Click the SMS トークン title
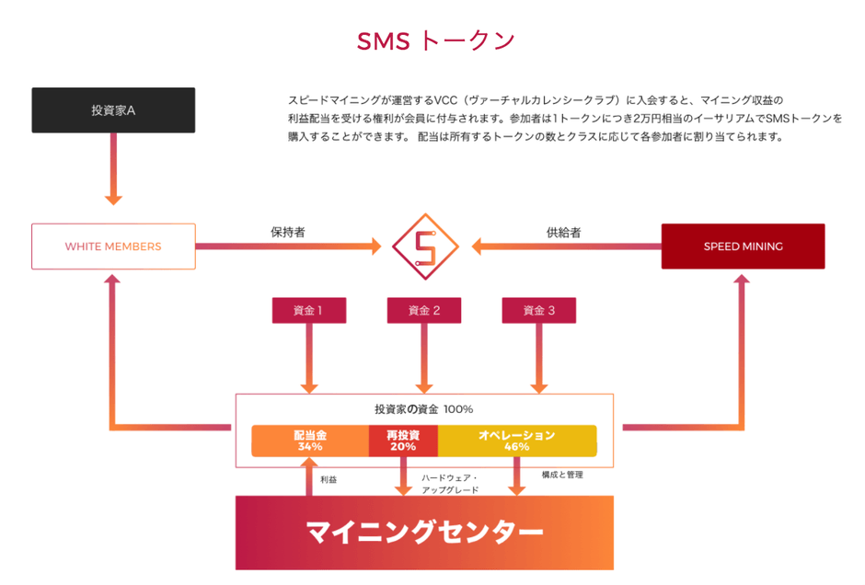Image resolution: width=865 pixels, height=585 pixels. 435,40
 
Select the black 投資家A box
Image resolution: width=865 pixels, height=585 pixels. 113,110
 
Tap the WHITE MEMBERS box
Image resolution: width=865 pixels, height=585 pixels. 113,247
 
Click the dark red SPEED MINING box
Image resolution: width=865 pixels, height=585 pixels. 743,247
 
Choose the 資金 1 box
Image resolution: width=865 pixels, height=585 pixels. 308,311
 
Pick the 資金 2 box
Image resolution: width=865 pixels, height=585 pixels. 424,311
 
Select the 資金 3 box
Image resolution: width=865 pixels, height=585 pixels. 538,311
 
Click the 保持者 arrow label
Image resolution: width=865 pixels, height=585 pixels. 287,233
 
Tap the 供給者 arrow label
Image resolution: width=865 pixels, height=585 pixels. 563,233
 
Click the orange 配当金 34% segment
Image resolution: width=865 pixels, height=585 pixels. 310,441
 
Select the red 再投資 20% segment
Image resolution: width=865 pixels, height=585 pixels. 403,441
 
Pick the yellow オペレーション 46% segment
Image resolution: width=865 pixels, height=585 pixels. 516,441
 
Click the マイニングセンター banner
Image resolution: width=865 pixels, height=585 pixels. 424,532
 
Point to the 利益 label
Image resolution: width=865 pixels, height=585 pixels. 329,480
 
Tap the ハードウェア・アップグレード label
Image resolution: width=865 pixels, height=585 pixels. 450,484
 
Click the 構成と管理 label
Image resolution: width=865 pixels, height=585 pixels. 562,475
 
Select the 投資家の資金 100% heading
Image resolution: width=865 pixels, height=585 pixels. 424,408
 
